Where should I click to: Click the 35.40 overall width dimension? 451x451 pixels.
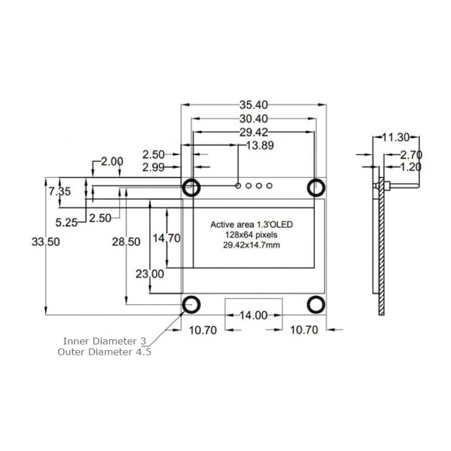point(253,105)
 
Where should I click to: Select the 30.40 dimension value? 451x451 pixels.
point(253,119)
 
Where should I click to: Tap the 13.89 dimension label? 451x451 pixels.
point(260,145)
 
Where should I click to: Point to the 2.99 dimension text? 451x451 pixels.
point(153,168)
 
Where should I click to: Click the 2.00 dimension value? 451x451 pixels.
point(112,161)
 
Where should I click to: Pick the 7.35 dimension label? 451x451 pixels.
point(60,191)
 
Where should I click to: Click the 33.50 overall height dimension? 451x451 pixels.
point(46,242)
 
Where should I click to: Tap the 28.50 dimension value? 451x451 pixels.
point(126,242)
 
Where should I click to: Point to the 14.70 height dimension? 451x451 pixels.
point(166,238)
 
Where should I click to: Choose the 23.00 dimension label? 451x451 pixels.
point(150,274)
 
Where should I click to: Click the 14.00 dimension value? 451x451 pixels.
point(253,316)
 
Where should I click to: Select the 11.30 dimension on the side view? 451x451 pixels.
point(396,137)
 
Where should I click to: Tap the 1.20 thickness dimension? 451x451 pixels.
point(410,167)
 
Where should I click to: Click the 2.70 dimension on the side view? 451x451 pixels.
point(410,155)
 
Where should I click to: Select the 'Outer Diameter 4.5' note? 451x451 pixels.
point(104,352)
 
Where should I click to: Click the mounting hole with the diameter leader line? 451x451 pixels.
point(191,304)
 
